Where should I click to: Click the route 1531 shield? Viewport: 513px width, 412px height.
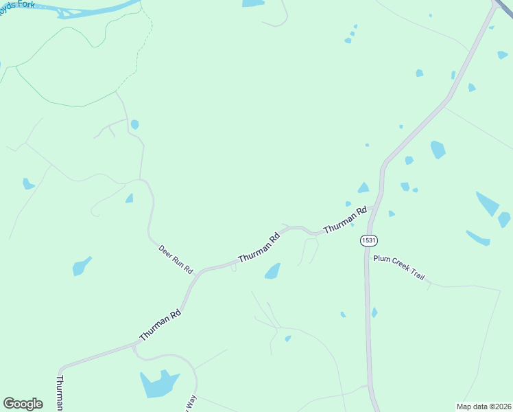click(368, 240)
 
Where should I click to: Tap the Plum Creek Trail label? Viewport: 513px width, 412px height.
click(398, 267)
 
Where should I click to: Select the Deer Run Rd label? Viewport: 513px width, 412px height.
click(176, 258)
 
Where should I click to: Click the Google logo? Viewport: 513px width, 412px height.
click(23, 403)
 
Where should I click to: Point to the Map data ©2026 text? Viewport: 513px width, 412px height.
click(484, 407)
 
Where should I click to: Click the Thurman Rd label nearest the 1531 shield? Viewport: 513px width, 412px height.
click(345, 219)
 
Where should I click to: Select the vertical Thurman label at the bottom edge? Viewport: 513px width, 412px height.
click(60, 392)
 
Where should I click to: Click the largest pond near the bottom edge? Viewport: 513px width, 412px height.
click(158, 383)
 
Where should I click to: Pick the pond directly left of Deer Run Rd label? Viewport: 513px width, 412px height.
click(82, 265)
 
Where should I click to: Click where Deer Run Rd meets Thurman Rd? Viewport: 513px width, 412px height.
click(195, 274)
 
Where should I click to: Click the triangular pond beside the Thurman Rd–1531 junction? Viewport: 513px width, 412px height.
click(363, 188)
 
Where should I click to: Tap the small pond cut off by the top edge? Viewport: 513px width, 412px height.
click(253, 3)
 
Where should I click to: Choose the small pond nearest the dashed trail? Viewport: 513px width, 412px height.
click(134, 124)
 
